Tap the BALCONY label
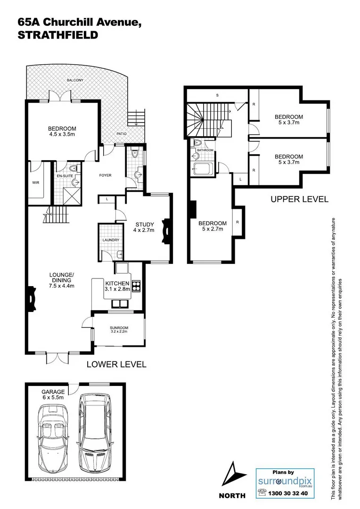(x=74, y=80)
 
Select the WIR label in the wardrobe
(x=35, y=181)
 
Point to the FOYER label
(x=105, y=175)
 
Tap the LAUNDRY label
(x=111, y=240)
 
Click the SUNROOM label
(x=119, y=328)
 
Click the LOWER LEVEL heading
(x=116, y=364)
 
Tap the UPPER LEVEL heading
(x=299, y=199)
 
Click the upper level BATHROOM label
(x=205, y=150)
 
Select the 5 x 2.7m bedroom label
(x=212, y=226)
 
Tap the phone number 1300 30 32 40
(x=288, y=493)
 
